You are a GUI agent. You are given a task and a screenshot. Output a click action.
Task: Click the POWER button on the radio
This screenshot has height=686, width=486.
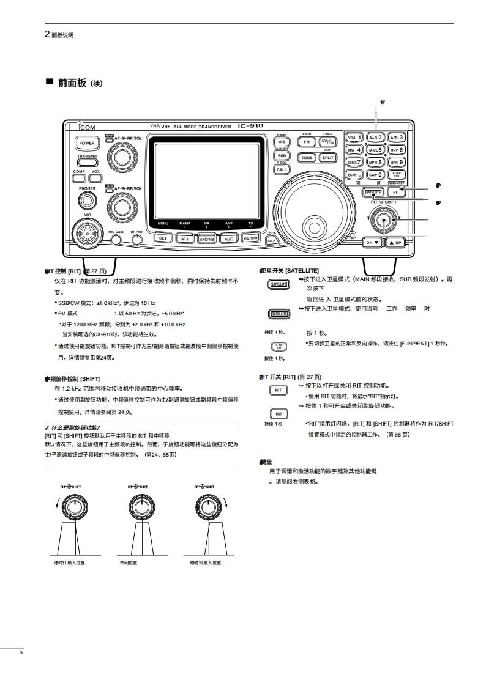(85, 144)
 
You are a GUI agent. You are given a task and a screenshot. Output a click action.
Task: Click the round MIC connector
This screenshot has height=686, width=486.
(87, 233)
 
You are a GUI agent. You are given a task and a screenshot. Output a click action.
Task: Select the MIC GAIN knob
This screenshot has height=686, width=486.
(116, 240)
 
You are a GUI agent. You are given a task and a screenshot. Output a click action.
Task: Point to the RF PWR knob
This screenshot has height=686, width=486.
(137, 240)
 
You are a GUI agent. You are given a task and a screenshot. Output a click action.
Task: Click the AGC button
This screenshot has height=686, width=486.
(228, 239)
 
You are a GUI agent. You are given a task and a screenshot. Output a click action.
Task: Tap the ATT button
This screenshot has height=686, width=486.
(184, 239)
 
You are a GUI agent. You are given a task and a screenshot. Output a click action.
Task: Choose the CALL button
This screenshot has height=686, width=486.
(282, 169)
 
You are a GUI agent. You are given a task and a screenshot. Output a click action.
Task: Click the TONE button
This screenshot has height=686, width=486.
(307, 157)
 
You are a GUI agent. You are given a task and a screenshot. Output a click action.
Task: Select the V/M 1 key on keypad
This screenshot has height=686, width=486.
(354, 138)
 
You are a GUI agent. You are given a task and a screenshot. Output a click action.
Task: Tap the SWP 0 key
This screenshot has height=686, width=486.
(375, 174)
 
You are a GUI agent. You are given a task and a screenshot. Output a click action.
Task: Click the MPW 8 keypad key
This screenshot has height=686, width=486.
(375, 162)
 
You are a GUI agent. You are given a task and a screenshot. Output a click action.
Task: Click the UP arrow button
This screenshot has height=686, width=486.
(395, 242)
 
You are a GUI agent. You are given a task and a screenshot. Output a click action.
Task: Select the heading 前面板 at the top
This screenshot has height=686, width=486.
(72, 83)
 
